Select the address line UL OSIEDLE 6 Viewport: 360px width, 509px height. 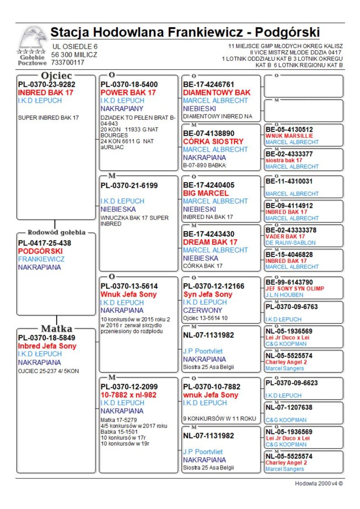(75, 47)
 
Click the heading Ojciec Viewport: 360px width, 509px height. (56, 76)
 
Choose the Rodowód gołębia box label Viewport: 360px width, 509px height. (56, 233)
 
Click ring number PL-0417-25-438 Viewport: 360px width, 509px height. (45, 243)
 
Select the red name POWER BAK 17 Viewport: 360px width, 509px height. (128, 93)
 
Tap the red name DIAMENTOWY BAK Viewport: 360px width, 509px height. (217, 93)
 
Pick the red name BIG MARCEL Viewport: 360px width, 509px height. (206, 193)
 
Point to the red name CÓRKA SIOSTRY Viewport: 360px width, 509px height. (213, 141)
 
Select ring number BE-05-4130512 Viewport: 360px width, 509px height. (289, 130)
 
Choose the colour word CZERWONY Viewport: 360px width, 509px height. (203, 311)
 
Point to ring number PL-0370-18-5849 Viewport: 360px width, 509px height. (47, 338)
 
